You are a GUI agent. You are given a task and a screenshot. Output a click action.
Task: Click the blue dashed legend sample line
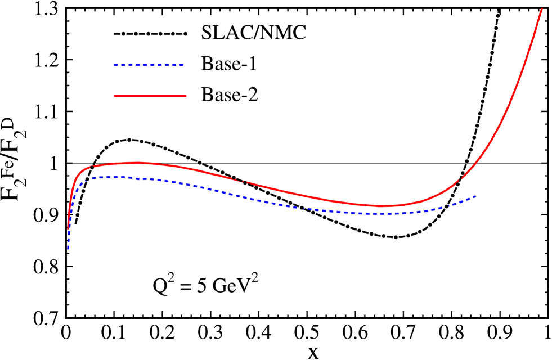pos(149,65)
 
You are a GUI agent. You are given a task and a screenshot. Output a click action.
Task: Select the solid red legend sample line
pos(150,96)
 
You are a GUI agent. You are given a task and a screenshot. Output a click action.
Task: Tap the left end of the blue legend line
pos(115,65)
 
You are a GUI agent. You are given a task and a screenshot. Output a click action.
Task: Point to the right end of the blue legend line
pos(183,65)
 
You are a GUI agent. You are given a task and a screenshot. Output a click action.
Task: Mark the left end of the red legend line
pos(115,96)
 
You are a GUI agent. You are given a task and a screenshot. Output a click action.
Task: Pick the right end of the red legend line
pos(185,96)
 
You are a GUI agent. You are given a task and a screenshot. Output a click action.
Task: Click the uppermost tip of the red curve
pos(542,9)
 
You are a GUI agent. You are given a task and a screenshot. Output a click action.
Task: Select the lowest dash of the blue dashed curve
pos(69,246)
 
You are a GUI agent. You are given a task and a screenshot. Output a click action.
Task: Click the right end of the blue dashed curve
pos(476,196)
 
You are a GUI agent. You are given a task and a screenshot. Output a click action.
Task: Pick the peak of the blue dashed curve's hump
pos(115,177)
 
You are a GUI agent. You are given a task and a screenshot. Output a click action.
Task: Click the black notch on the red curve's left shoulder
pos(91,167)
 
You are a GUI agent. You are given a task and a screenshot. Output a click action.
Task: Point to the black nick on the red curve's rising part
pos(460,179)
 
